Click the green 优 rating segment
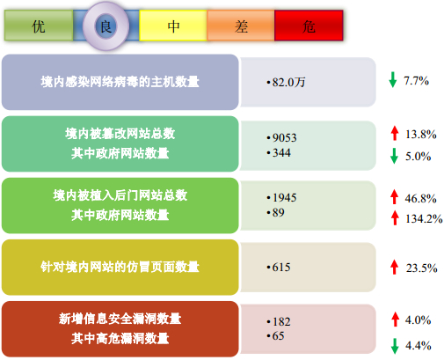39,26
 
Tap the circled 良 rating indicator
106,26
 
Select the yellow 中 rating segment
173,26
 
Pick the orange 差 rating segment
241,26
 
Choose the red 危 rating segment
309,26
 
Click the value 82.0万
288,82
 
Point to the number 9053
285,137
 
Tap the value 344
281,152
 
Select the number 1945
285,197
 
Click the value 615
281,268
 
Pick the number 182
281,322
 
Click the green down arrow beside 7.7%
393,80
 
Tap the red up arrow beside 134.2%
395,217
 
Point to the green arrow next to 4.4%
395,346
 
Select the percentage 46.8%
420,199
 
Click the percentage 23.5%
421,268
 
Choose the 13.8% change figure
421,135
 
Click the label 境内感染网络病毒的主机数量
120,82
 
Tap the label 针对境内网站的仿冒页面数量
120,267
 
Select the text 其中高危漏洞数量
120,339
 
